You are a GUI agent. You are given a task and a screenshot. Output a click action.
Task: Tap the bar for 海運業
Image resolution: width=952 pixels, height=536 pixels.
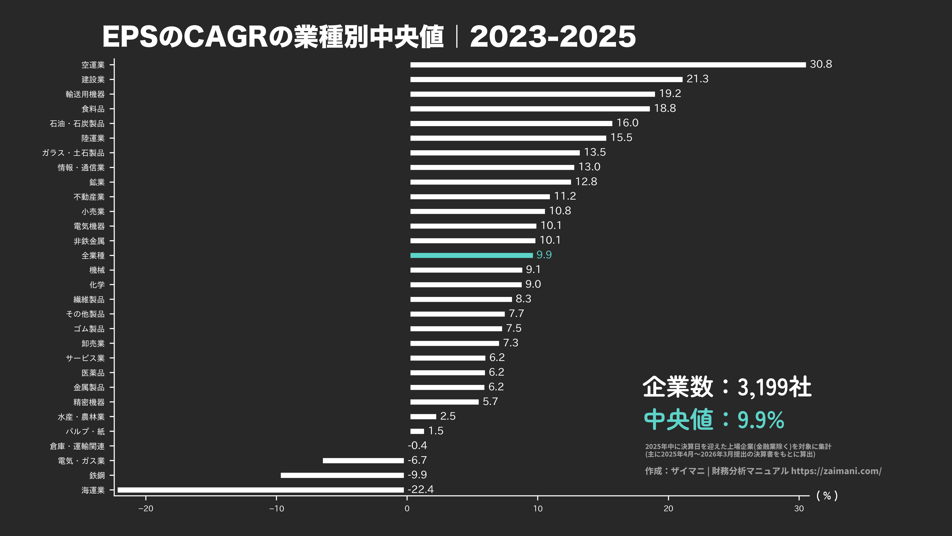(x=260, y=490)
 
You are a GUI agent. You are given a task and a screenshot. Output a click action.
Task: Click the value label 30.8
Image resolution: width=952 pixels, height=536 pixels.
(x=821, y=64)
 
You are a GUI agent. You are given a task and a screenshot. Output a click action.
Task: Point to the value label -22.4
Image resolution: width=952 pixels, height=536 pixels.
(x=421, y=489)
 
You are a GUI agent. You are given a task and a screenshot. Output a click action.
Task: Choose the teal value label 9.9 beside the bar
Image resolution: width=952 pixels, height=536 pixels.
(x=544, y=255)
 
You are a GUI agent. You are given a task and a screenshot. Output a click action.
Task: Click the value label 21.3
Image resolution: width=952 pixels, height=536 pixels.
(x=697, y=79)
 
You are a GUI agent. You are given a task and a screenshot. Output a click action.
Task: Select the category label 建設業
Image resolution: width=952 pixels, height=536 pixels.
(x=93, y=79)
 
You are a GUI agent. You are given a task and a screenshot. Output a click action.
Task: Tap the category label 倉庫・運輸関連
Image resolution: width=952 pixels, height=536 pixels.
(x=77, y=446)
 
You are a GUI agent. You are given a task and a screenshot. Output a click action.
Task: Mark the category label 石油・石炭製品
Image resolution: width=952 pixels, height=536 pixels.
(x=77, y=123)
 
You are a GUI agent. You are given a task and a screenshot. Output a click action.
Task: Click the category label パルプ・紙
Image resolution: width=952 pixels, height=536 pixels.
(x=85, y=431)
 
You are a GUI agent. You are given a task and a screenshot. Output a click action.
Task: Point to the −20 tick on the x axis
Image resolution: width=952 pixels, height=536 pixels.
(x=146, y=509)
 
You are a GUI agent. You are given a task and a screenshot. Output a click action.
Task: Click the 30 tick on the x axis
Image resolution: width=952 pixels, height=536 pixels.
(x=799, y=509)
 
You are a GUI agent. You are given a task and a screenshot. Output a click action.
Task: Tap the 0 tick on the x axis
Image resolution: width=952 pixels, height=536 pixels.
(x=407, y=509)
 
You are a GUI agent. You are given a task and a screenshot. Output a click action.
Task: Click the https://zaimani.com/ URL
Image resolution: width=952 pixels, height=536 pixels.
(x=836, y=471)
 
